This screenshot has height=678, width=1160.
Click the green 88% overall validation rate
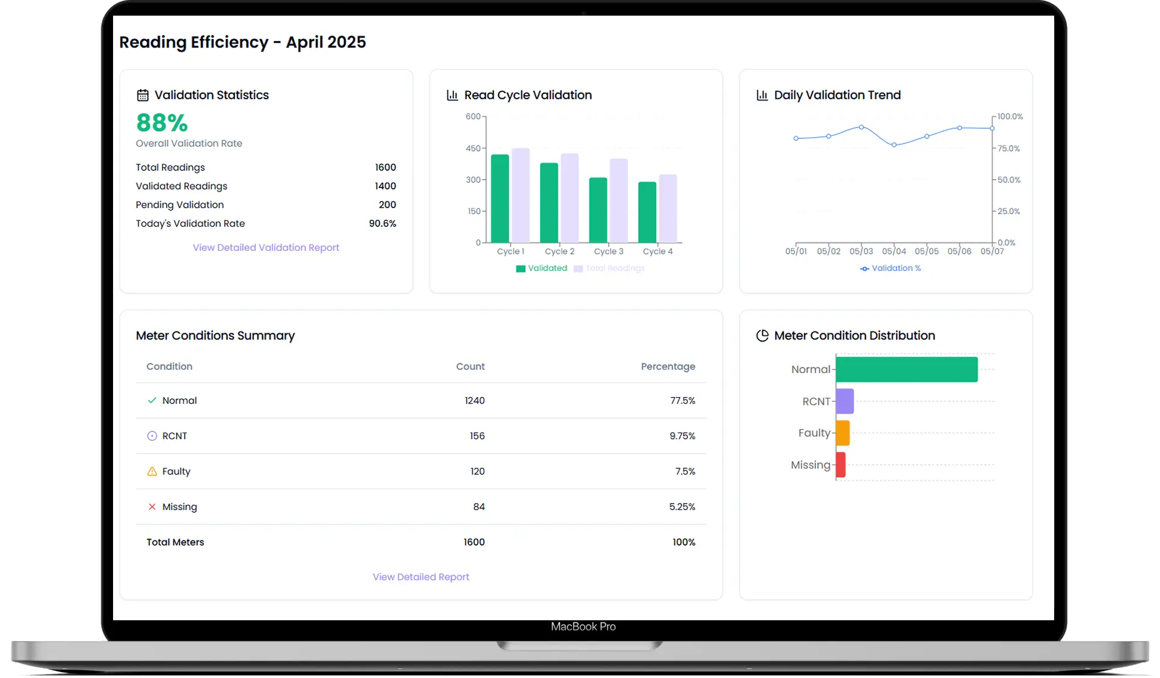point(162,123)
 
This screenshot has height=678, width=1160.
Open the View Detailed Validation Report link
point(266,247)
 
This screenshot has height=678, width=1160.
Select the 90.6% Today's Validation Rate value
point(382,223)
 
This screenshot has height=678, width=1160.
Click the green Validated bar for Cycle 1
point(500,199)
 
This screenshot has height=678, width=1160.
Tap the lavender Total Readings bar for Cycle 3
point(618,200)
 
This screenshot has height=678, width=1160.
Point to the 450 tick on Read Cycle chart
point(473,148)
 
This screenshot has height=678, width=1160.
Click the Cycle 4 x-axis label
point(657,251)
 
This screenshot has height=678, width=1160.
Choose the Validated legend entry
point(541,268)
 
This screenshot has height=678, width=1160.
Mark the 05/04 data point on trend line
point(894,145)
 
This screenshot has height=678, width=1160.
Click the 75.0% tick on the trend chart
point(1008,148)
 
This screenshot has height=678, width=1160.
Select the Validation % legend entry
point(891,268)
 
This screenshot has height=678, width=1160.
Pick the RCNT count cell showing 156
point(477,436)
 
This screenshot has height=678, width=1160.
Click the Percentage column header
point(667,366)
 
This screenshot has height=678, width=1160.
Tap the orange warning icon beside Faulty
point(152,471)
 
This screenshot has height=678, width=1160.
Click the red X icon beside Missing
point(152,507)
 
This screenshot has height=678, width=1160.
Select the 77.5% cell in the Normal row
point(683,401)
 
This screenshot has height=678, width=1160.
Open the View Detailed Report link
point(420,577)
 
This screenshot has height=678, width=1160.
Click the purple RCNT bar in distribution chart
point(844,401)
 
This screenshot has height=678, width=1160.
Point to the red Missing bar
point(841,465)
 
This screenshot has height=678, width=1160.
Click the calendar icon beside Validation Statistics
point(143,95)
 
